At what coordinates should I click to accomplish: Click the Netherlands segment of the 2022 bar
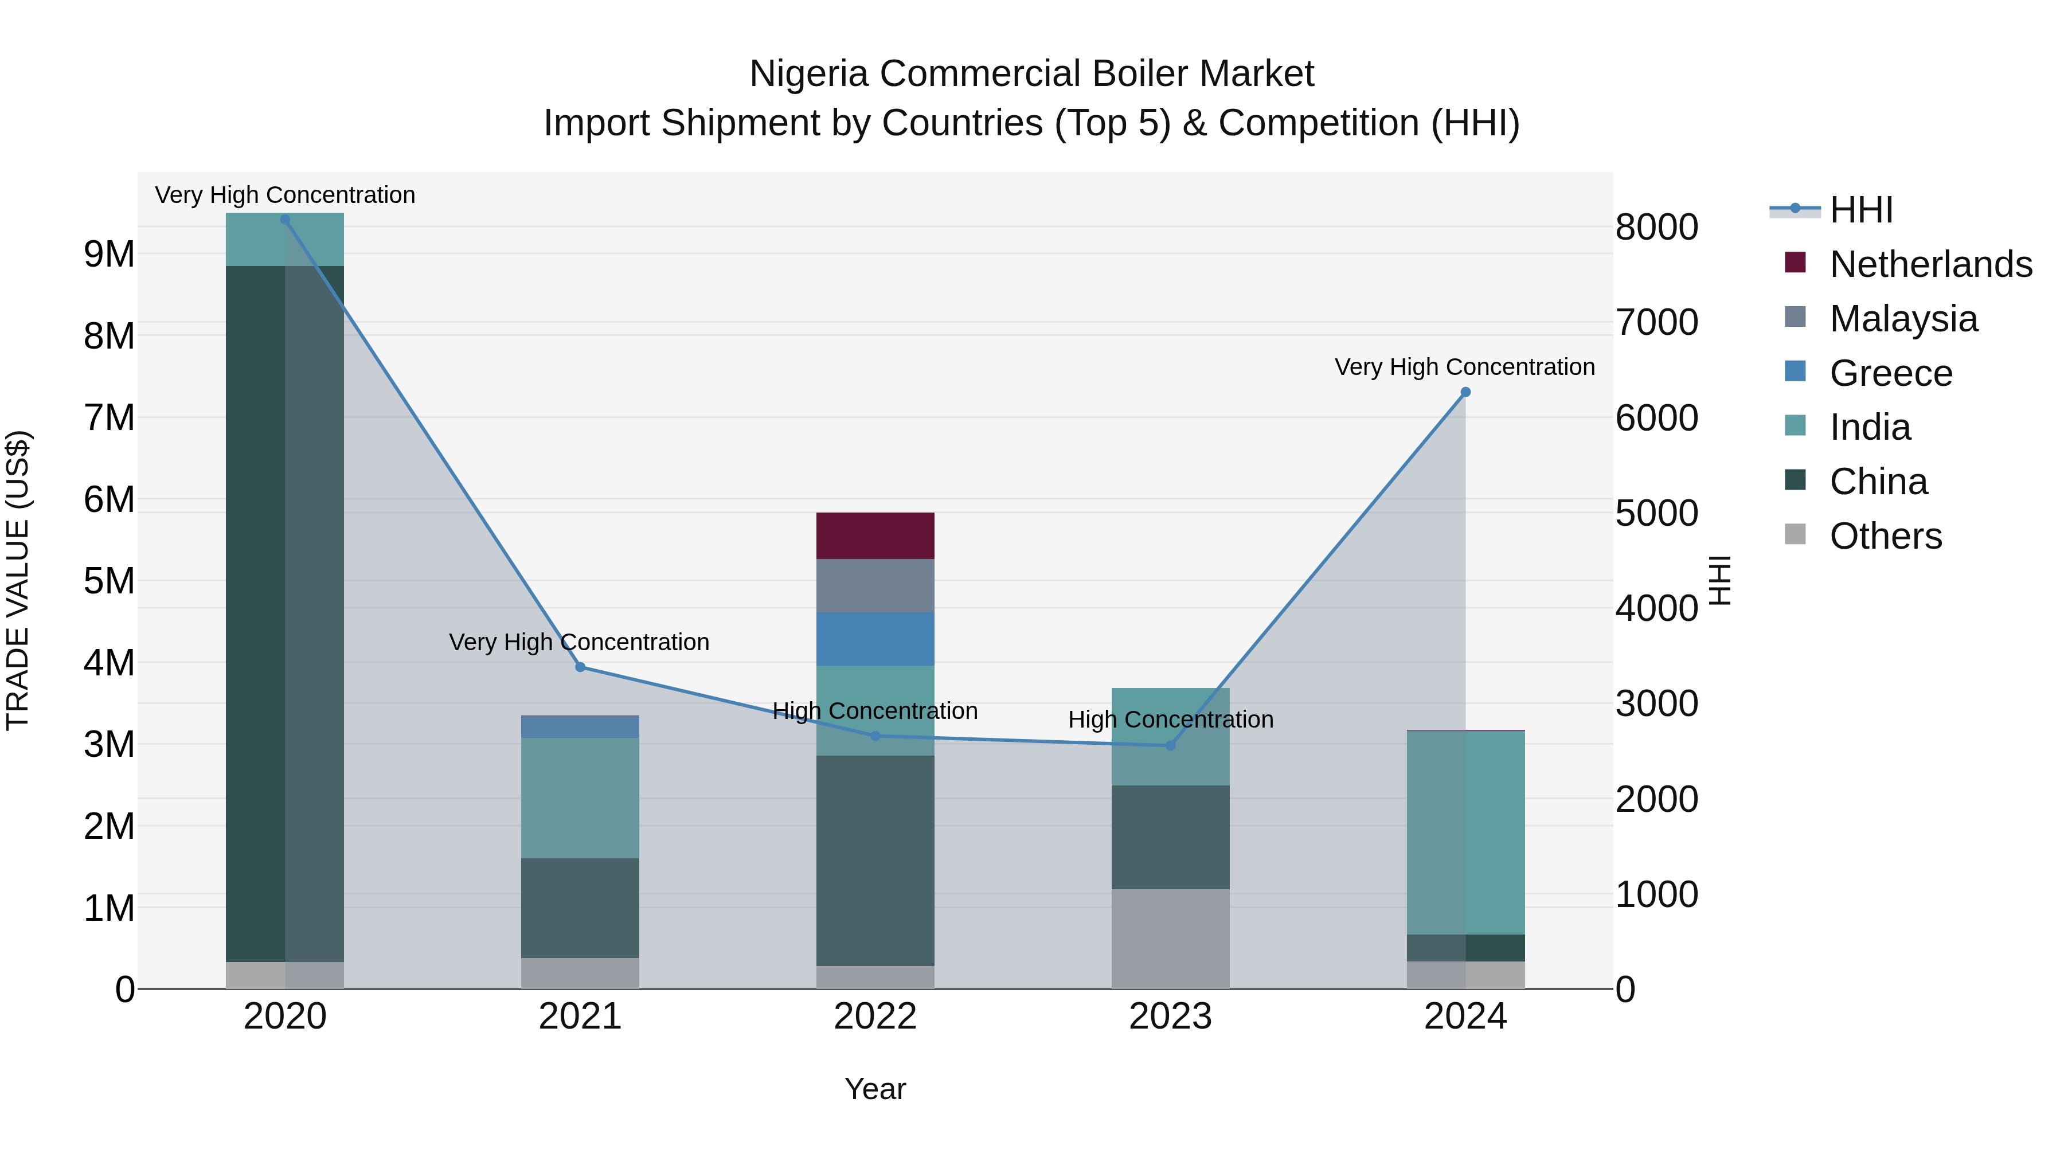pos(875,535)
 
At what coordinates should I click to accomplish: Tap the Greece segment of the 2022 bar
pos(875,639)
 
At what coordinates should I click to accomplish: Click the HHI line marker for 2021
pos(580,667)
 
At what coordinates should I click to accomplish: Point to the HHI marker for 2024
pos(1465,392)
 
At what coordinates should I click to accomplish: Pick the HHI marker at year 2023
pos(1170,745)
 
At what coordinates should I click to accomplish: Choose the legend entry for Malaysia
pos(1903,319)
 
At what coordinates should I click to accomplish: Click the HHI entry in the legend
pos(1860,210)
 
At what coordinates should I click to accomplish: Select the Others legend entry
pos(1885,536)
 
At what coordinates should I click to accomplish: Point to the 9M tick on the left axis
pos(109,255)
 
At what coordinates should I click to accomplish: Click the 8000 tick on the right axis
pos(1656,228)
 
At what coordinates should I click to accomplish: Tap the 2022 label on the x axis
pos(875,1017)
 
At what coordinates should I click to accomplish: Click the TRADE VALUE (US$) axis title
pos(18,580)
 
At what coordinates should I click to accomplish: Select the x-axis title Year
pos(875,1089)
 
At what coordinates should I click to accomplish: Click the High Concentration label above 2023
pos(1170,720)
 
